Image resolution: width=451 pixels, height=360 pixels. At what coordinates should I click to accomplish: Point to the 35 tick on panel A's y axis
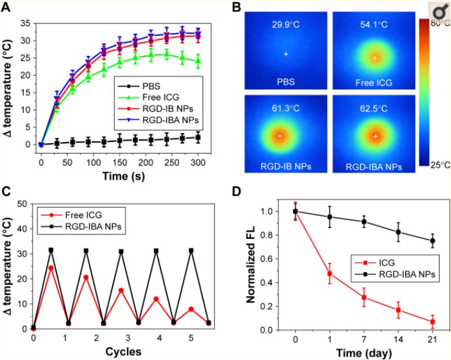[25, 22]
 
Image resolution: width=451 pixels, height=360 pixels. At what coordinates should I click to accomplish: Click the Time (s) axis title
[119, 175]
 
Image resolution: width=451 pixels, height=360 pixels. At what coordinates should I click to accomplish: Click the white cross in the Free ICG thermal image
[375, 58]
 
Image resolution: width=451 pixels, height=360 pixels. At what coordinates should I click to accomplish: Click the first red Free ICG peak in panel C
[51, 268]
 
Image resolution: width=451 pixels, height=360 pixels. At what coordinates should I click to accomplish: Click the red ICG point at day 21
[433, 322]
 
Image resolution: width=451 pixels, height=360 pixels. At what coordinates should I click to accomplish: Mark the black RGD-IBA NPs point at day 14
[398, 231]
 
